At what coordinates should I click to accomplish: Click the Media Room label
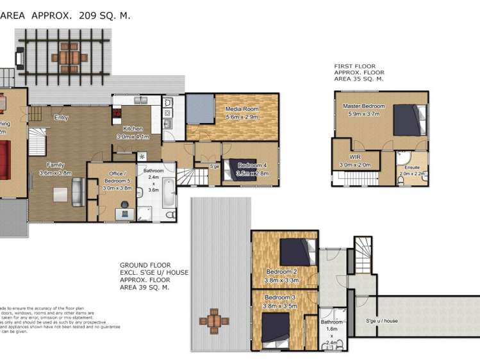[x=241, y=110]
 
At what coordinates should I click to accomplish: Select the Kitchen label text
[x=133, y=129]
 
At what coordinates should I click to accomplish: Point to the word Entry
[x=62, y=117]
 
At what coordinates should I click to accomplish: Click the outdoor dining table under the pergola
[x=68, y=57]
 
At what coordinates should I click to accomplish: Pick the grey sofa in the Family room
[x=78, y=192]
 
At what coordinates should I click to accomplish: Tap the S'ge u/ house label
[x=382, y=320]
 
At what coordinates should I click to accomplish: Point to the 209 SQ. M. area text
[x=104, y=15]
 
